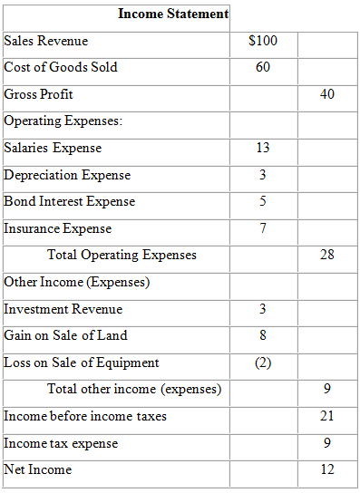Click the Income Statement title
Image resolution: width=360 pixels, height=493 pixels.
173,14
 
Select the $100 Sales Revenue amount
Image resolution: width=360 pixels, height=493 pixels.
263,41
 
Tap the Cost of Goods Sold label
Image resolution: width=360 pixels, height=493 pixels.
61,67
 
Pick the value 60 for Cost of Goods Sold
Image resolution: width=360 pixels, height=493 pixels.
263,67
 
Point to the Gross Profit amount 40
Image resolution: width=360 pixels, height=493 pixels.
327,94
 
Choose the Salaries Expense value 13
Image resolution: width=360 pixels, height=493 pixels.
263,148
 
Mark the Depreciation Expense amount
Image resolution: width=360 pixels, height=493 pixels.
263,175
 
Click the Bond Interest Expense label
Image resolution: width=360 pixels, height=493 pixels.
70,201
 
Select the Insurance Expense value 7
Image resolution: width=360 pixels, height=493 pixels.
263,228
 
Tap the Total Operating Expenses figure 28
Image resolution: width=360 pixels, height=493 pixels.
327,255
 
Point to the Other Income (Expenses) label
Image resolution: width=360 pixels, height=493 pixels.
77,282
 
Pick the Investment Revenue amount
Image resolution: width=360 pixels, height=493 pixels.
263,309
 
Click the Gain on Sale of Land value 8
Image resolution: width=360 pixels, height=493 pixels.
263,335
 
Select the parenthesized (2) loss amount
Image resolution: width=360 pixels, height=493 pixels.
263,362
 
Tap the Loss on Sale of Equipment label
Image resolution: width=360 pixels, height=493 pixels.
82,362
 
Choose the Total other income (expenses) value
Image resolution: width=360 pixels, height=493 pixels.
327,390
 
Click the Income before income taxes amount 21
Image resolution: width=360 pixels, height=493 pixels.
327,416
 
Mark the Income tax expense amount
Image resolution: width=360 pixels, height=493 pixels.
327,443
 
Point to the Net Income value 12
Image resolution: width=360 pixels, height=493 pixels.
327,469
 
